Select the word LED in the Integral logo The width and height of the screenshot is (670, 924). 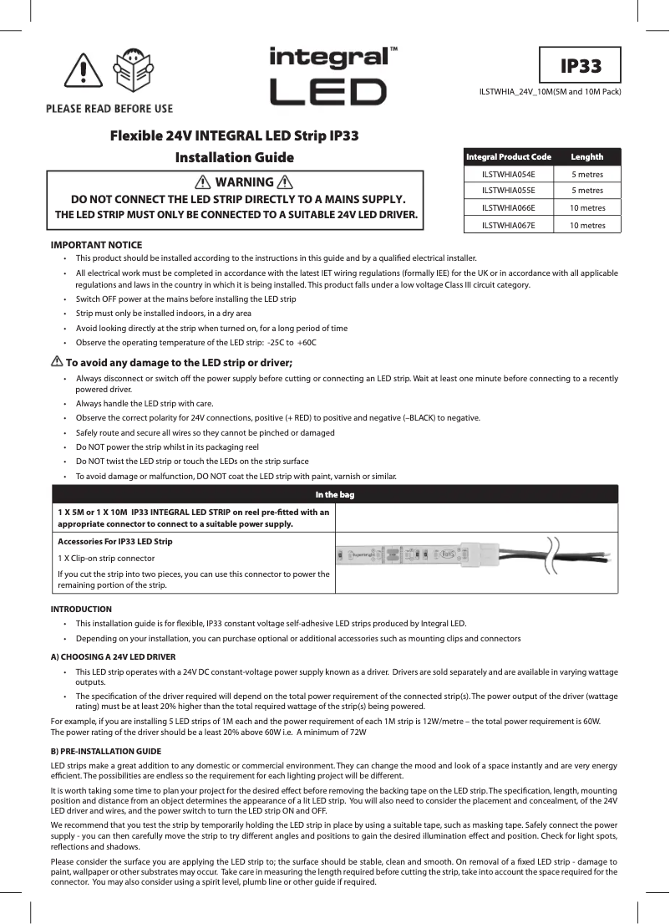[x=328, y=92]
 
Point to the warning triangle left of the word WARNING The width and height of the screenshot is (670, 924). [x=202, y=183]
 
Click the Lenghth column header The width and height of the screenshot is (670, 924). [x=586, y=156]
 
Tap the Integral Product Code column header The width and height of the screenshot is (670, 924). [x=509, y=156]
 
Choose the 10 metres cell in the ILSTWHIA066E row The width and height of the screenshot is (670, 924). [x=587, y=207]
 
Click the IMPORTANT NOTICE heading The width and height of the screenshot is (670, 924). [x=96, y=244]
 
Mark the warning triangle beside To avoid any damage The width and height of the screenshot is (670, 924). [x=57, y=362]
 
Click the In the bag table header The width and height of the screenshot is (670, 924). [x=334, y=494]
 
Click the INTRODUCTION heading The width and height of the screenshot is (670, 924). [x=81, y=609]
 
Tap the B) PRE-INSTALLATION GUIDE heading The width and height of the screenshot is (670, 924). [x=106, y=751]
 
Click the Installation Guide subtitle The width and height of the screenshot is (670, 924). [x=234, y=157]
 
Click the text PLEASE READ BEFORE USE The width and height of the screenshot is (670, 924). [x=109, y=109]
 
